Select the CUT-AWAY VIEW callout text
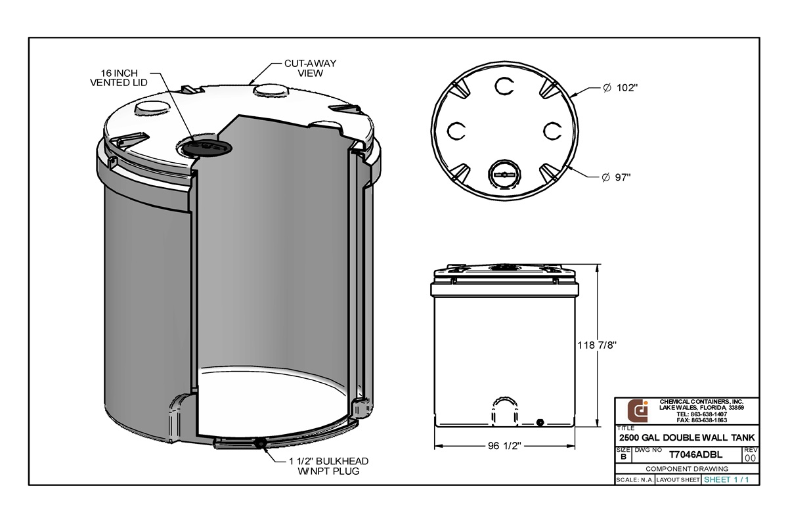coord(311,68)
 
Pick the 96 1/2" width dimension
coord(504,446)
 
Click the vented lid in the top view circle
coord(503,175)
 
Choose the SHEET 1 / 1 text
coord(726,480)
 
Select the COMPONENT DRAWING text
coord(687,469)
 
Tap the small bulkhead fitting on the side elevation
coord(540,422)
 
